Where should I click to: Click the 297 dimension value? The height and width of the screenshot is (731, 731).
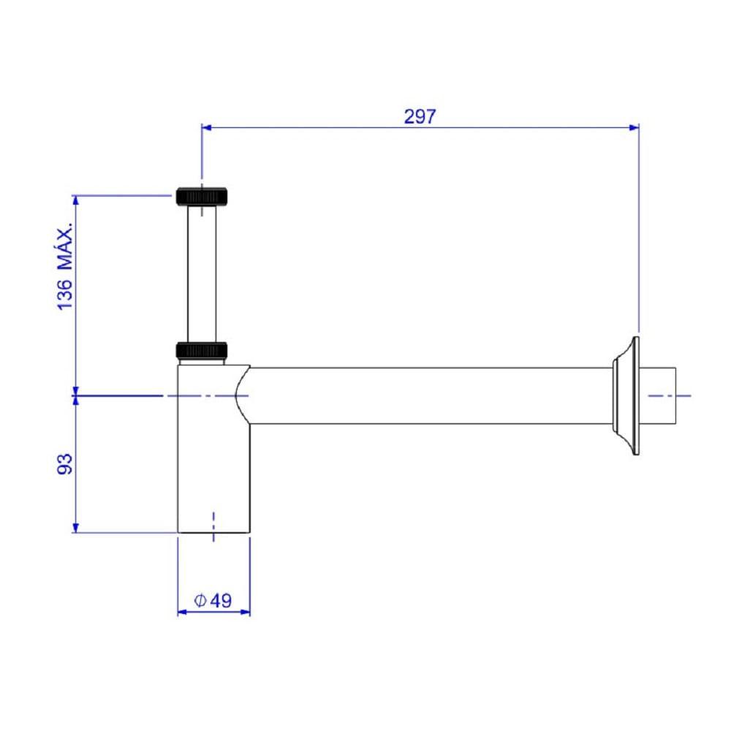420,116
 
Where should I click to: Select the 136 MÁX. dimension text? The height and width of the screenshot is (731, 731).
65,266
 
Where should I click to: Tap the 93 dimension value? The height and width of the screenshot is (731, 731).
65,464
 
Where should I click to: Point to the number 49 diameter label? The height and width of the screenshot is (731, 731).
221,600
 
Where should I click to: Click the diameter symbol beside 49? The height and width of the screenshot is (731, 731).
200,600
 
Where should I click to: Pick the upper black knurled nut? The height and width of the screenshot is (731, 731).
202,196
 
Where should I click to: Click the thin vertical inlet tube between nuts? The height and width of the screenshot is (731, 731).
202,273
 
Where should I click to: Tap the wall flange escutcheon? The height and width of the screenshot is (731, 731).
626,395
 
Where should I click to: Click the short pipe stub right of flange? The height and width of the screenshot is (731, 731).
658,395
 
